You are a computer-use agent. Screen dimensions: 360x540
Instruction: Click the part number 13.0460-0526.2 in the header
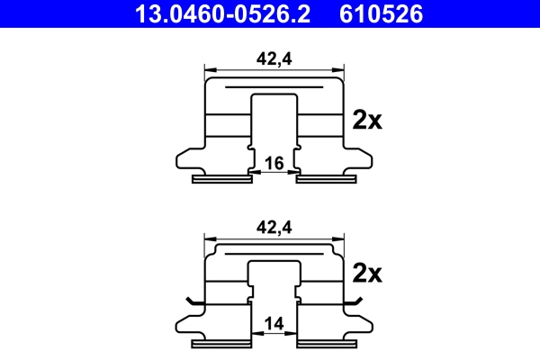[x=224, y=13]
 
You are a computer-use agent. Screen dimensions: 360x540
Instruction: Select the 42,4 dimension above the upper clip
[x=274, y=58]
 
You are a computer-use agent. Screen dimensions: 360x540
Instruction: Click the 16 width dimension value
[x=274, y=163]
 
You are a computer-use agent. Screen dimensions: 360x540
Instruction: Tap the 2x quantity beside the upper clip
[x=367, y=120]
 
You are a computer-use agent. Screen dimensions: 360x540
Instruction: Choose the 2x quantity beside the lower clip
[x=367, y=272]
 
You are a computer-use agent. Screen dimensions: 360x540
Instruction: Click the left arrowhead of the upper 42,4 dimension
[x=210, y=68]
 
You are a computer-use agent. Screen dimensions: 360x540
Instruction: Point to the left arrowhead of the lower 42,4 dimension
[x=210, y=239]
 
